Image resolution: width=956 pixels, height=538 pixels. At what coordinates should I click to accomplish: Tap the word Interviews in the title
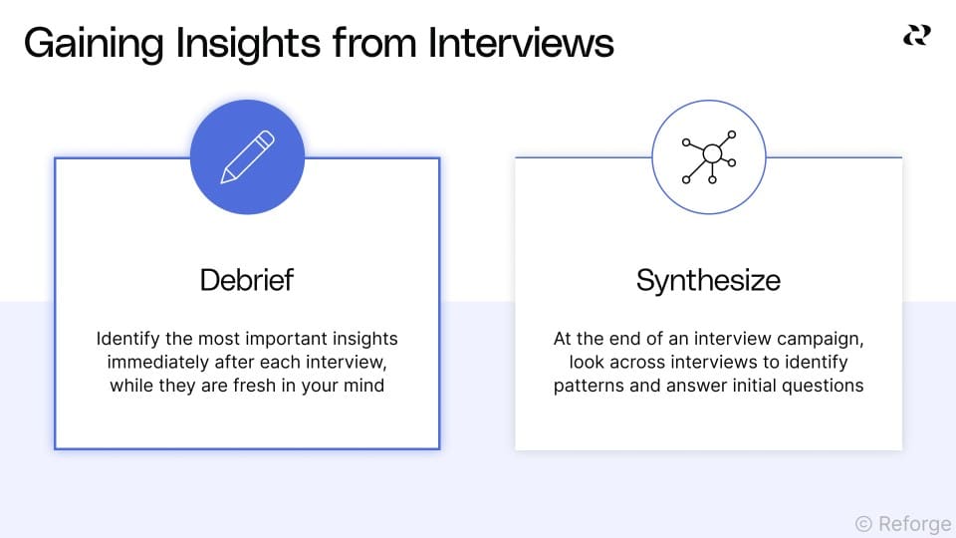pos(521,45)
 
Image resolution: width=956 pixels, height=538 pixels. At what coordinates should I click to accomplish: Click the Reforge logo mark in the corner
pos(916,37)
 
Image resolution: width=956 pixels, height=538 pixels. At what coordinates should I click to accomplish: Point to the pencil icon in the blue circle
pos(247,157)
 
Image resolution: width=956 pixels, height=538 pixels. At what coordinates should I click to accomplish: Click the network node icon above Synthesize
pos(708,156)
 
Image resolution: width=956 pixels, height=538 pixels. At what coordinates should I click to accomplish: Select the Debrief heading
pos(247,280)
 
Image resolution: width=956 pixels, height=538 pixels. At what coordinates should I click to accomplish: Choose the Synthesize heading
pos(708,280)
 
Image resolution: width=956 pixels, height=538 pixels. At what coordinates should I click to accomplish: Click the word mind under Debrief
pos(362,385)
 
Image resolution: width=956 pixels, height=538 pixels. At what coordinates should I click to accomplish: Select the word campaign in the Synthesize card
pos(819,339)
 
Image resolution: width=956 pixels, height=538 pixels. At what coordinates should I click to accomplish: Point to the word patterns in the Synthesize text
pos(589,385)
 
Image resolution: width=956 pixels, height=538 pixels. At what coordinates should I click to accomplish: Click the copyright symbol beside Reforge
pos(863,523)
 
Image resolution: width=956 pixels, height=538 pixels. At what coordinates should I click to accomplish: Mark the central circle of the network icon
pos(711,153)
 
